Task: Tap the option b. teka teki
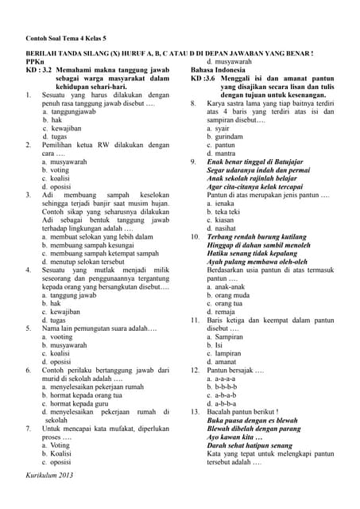coord(226,212)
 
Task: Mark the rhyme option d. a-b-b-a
coord(224,404)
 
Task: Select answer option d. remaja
coord(223,312)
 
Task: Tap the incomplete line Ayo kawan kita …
coord(234,437)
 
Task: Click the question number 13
coord(195,412)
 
